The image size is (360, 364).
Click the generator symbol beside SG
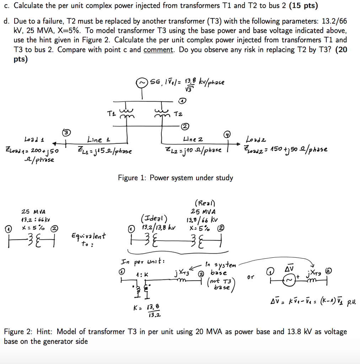click(143, 83)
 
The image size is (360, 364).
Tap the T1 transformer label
click(111, 113)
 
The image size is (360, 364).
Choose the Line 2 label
click(193, 139)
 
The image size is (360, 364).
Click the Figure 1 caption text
click(176, 177)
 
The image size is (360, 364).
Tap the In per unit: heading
click(143, 262)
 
